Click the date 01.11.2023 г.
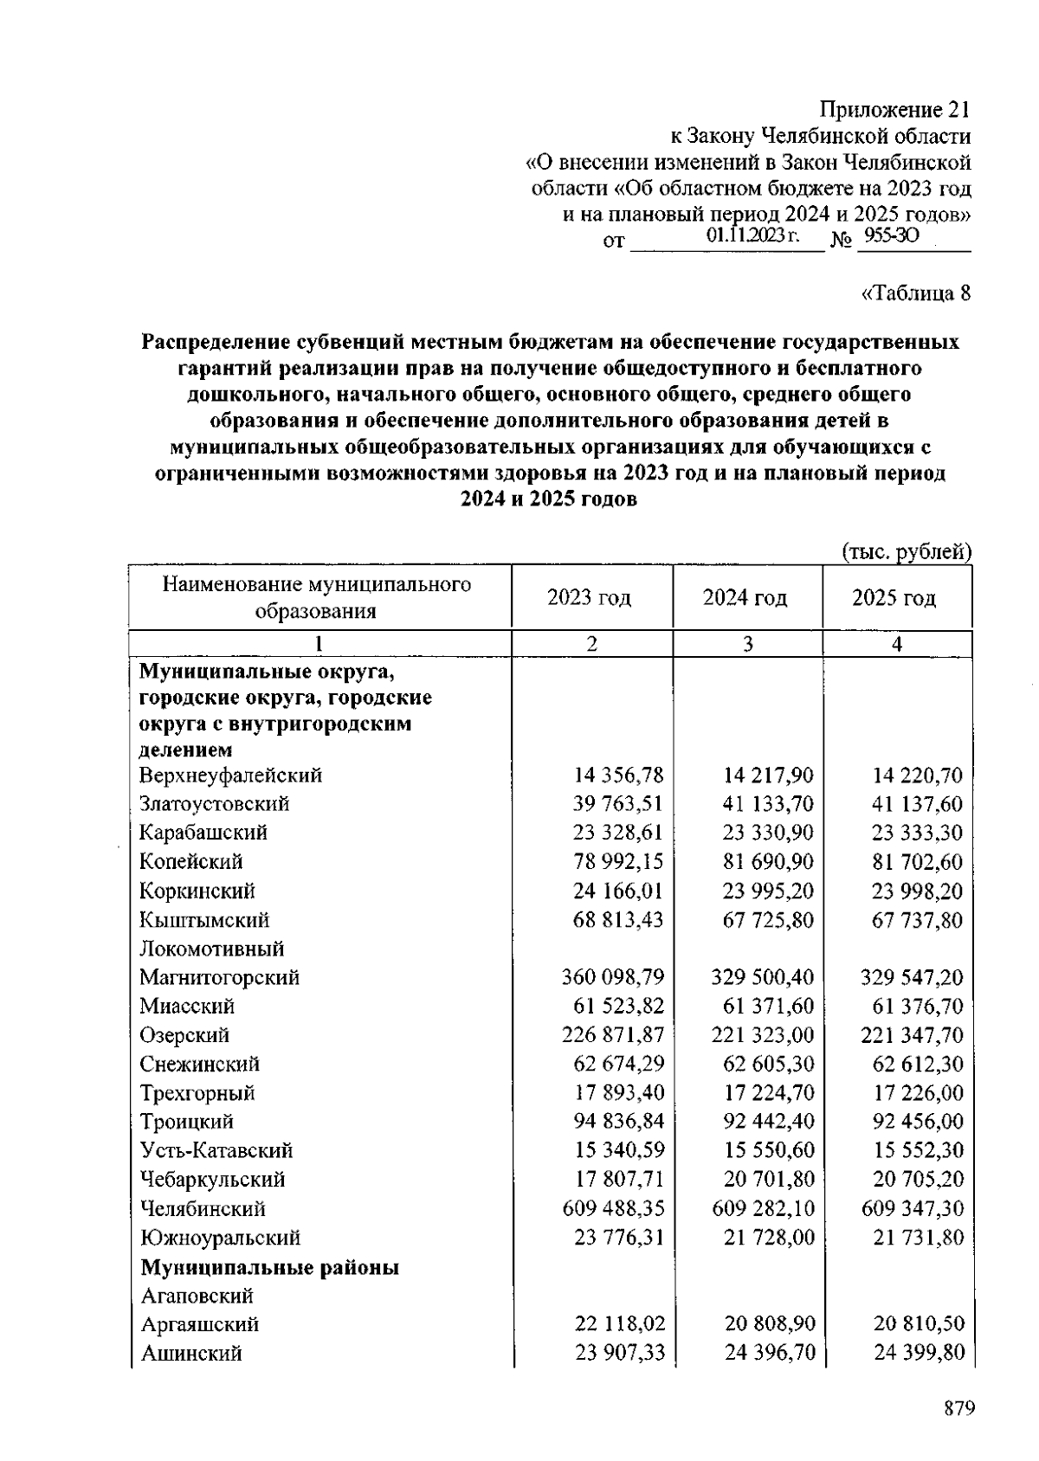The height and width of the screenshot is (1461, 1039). pyautogui.click(x=752, y=235)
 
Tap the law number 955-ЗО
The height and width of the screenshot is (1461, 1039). pyautogui.click(x=891, y=235)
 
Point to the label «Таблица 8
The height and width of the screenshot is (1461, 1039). pyautogui.click(x=916, y=293)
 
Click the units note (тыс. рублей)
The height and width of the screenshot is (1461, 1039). pyautogui.click(x=907, y=551)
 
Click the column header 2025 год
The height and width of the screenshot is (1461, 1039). pyautogui.click(x=894, y=597)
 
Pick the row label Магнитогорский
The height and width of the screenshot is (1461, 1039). pyautogui.click(x=220, y=977)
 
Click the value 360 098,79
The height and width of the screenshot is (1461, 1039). pyautogui.click(x=613, y=977)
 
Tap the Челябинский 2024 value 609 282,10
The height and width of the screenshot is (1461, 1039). pyautogui.click(x=763, y=1208)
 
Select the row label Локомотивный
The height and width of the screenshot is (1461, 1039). pyautogui.click(x=212, y=949)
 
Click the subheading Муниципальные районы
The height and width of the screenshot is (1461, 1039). pyautogui.click(x=269, y=1268)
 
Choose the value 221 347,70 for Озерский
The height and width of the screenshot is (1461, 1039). pyautogui.click(x=912, y=1035)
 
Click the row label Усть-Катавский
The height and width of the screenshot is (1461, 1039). pyautogui.click(x=216, y=1150)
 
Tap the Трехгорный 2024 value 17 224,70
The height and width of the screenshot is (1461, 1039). pyautogui.click(x=768, y=1092)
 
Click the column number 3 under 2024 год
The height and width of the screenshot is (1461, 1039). pyautogui.click(x=747, y=644)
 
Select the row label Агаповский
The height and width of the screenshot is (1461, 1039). pyautogui.click(x=197, y=1296)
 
